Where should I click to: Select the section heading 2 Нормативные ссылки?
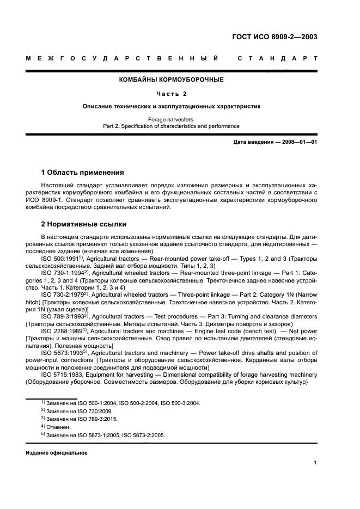(84, 224)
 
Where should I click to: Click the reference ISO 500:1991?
(60, 259)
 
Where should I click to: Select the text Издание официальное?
(57, 452)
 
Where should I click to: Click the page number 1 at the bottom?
(315, 463)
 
